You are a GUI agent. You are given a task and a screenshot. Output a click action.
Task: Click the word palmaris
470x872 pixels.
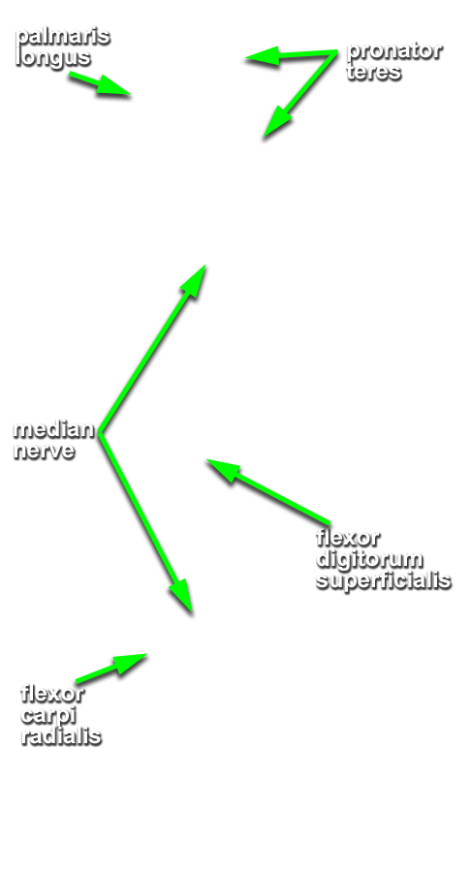pos(62,38)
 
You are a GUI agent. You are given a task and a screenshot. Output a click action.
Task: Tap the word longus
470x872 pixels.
pos(53,58)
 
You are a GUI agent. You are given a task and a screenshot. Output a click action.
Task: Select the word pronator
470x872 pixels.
pos(393,51)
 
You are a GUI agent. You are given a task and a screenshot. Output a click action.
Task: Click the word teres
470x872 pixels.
pos(373,72)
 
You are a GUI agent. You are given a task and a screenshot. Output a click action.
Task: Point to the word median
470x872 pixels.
pos(54,429)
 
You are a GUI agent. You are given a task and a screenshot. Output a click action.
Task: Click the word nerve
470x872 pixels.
pos(44,450)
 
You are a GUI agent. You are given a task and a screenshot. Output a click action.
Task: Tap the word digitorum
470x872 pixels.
pos(369,559)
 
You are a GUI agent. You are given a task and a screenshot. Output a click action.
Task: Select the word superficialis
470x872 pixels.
pos(383,580)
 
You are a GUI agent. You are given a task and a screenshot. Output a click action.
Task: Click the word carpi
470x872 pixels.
pos(48,716)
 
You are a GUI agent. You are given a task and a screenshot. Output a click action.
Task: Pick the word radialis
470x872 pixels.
pos(61,735)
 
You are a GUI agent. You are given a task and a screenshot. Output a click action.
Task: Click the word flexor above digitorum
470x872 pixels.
pos(348,538)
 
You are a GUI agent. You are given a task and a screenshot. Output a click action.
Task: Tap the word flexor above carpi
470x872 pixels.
pos(52,694)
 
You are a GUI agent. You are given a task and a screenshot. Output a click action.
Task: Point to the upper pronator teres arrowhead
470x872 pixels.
pos(262,57)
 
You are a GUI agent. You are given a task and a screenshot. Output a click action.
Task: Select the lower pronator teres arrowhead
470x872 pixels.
pos(276,122)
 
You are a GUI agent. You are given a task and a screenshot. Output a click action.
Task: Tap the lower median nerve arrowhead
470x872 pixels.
pos(182,596)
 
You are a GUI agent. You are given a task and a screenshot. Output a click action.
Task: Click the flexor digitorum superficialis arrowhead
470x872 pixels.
pos(223,470)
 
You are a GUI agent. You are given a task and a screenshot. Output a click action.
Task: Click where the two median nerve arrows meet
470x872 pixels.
pos(100,434)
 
